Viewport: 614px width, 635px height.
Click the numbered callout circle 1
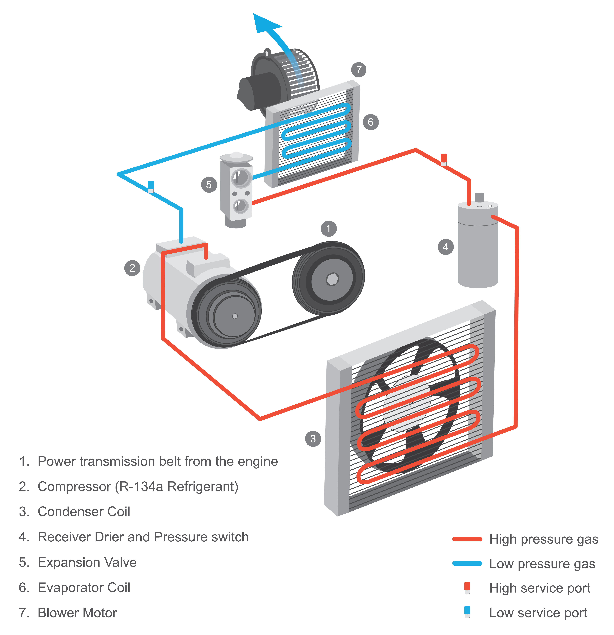point(329,229)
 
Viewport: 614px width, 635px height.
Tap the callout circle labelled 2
point(132,268)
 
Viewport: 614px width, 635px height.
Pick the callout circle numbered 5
point(209,185)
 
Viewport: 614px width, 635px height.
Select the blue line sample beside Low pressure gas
point(467,564)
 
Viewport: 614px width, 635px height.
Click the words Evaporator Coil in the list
point(84,588)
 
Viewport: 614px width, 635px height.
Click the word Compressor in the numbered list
point(74,487)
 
